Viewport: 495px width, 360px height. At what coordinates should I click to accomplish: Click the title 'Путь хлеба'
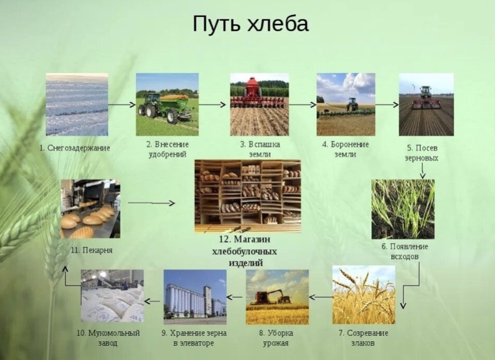click(251, 24)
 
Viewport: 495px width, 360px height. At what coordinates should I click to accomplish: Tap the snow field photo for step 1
click(77, 104)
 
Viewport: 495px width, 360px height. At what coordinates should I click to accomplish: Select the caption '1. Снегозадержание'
click(75, 147)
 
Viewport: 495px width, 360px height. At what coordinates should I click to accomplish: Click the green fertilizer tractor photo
click(167, 104)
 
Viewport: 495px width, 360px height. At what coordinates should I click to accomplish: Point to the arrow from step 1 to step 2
click(122, 104)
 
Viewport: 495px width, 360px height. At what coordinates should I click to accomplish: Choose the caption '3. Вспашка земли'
click(260, 149)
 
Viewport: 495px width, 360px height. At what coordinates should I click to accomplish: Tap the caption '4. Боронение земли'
click(346, 149)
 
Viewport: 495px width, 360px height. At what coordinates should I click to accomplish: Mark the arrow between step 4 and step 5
click(387, 104)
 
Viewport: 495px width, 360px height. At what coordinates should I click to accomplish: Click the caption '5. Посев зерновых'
click(422, 153)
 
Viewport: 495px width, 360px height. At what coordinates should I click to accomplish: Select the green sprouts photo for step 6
click(403, 209)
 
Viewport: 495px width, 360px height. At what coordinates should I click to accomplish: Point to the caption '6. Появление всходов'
click(405, 251)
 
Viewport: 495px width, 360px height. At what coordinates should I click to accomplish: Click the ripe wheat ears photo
click(364, 294)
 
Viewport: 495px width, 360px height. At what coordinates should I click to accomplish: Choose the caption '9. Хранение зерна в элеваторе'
click(194, 338)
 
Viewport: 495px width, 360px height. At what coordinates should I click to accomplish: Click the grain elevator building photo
click(195, 297)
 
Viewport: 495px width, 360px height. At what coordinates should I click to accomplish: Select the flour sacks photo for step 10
click(112, 296)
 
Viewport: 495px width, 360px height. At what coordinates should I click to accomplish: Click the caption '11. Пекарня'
click(92, 250)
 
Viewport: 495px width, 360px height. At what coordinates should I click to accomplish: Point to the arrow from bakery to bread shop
click(151, 203)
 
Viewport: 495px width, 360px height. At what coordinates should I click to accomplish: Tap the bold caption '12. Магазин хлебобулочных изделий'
click(244, 251)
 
